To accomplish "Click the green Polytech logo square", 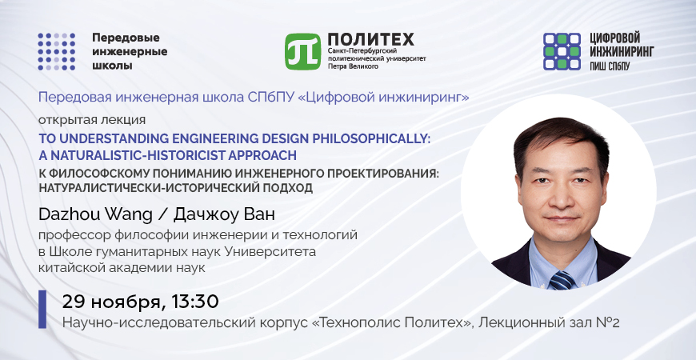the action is [302, 51].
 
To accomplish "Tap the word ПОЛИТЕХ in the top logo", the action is [370, 39].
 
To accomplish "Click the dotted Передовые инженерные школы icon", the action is [56, 51].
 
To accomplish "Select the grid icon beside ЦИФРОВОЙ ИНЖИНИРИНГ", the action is [562, 51].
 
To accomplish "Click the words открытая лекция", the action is [92, 120].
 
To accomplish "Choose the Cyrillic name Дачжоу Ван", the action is [224, 214].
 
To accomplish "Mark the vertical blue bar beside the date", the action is [42, 310].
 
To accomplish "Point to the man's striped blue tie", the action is [563, 281].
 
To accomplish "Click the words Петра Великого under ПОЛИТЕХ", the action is [353, 66].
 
